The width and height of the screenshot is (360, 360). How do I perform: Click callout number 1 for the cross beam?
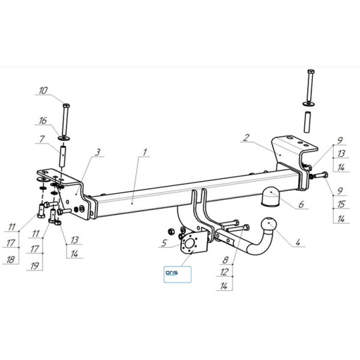click(145, 152)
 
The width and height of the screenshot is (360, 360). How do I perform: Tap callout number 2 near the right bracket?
click(246, 138)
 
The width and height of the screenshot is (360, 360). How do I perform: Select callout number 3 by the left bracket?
click(98, 152)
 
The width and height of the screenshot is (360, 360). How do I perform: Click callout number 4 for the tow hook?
click(298, 242)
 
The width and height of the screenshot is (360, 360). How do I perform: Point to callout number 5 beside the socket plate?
click(163, 243)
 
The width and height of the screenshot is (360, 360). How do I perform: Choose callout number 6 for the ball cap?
click(301, 204)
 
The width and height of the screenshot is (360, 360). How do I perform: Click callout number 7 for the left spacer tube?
click(42, 139)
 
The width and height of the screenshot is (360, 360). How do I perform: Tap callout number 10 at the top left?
click(43, 91)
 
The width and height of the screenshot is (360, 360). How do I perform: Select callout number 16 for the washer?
click(43, 121)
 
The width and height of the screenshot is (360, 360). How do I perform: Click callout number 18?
click(11, 260)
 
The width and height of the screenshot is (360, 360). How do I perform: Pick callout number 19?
click(35, 267)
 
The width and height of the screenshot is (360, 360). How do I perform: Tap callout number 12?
click(224, 272)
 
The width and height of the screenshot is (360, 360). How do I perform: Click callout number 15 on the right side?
click(341, 204)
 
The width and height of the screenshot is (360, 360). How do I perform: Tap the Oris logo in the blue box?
click(172, 273)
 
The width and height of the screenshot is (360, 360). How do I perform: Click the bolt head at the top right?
click(311, 71)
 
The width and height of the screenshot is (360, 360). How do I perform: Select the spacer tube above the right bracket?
click(307, 122)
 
